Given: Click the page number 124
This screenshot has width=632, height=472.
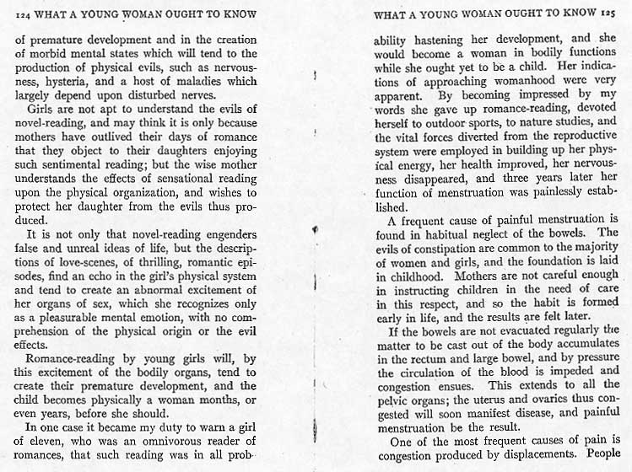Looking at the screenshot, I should point(24,13).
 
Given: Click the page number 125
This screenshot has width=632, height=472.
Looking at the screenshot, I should point(612,13).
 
